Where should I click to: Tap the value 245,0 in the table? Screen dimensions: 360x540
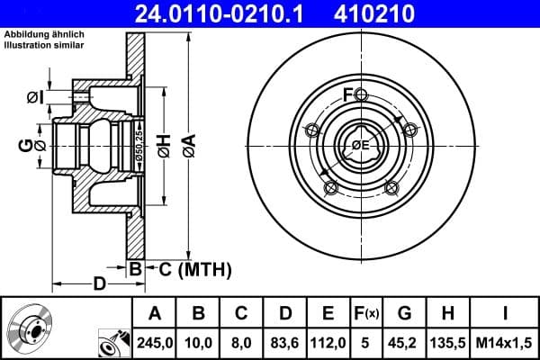coord(154,341)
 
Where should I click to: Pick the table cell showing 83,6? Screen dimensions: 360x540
coord(285,341)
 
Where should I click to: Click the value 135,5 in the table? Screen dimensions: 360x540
coord(447,341)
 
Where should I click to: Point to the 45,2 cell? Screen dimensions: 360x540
coord(404,341)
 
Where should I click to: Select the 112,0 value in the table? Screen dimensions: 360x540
coord(328,341)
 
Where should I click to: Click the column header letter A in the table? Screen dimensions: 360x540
coord(154,314)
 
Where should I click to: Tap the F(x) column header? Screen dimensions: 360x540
coord(367,314)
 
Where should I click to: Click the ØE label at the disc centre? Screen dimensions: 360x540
coord(360,145)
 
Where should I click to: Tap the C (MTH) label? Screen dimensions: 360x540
coord(195,268)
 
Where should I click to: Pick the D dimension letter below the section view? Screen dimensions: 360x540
coord(100,285)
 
